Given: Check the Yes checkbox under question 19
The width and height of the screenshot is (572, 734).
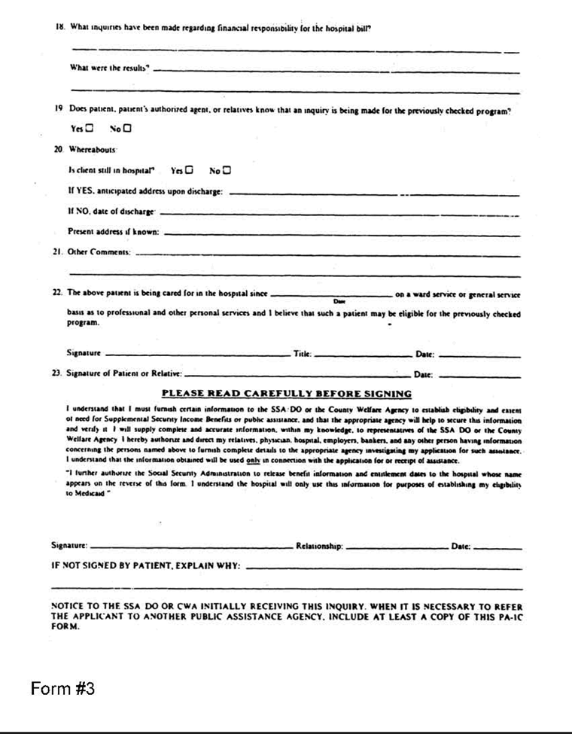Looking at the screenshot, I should pyautogui.click(x=90, y=129).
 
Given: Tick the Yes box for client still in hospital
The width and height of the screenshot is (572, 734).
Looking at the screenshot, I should pyautogui.click(x=189, y=169).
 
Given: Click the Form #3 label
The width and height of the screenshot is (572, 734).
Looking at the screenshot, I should pyautogui.click(x=62, y=690).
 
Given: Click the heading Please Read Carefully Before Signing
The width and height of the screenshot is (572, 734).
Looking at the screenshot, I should pyautogui.click(x=287, y=393).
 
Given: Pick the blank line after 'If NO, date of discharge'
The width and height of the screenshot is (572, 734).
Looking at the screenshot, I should pyautogui.click(x=339, y=213).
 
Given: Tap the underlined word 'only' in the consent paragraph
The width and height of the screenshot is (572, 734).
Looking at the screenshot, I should pyautogui.click(x=258, y=459).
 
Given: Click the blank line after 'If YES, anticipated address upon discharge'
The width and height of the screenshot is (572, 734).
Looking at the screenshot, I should pyautogui.click(x=373, y=193).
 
